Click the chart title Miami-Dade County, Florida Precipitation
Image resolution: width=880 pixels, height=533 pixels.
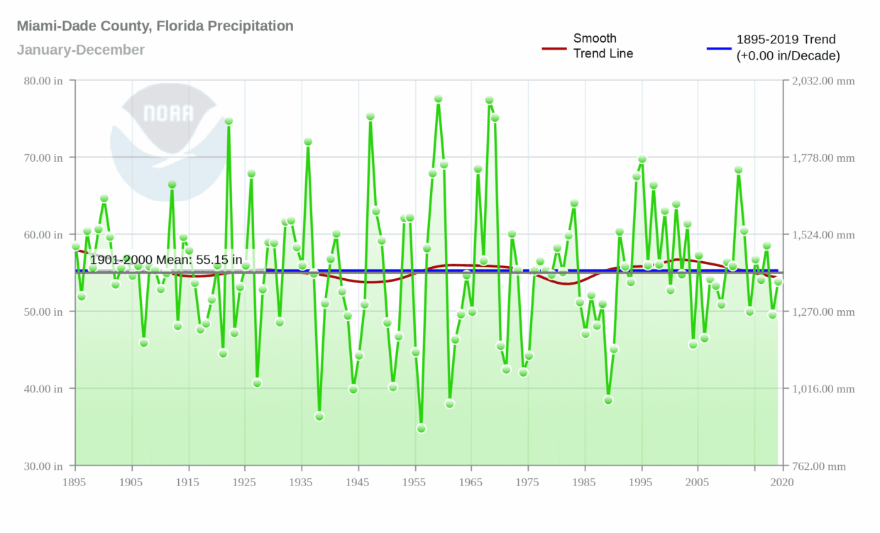[155, 26]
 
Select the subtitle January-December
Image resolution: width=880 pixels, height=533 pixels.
[80, 50]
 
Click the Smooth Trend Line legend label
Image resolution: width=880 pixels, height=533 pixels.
[603, 45]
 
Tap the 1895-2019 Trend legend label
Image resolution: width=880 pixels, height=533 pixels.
[788, 47]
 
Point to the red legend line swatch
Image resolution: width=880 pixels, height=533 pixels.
[554, 48]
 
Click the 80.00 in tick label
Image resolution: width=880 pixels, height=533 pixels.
[43, 81]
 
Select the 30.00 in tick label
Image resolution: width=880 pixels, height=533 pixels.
[43, 466]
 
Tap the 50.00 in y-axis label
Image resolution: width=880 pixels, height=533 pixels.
[43, 312]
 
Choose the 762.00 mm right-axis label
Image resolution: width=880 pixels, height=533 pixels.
[821, 466]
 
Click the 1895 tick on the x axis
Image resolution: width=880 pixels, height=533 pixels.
[75, 483]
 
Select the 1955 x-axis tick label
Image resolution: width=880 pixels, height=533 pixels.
[415, 483]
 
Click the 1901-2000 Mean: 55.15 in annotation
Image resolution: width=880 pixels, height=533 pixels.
[165, 260]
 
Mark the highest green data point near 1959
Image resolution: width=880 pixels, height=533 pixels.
[438, 99]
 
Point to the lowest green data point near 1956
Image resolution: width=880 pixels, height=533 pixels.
[421, 428]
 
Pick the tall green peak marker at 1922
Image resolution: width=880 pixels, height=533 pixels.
[229, 121]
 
